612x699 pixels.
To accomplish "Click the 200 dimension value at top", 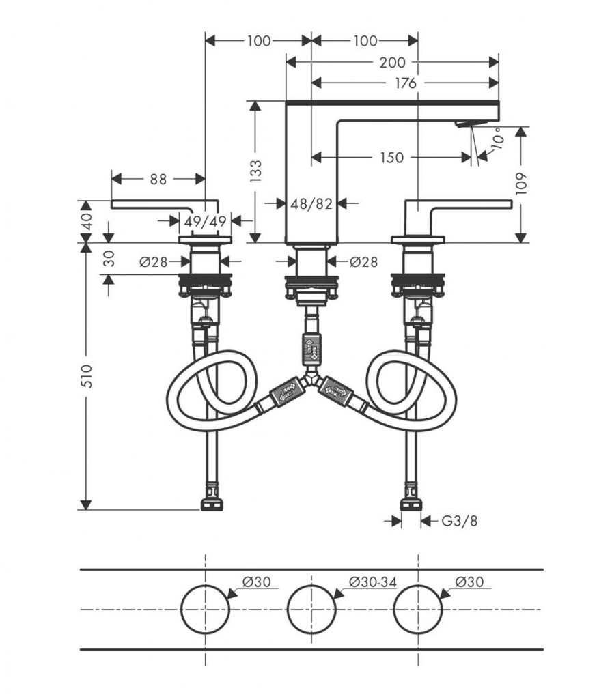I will [392, 62].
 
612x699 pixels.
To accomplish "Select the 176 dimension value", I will [405, 83].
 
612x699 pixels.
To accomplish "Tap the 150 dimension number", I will [391, 158].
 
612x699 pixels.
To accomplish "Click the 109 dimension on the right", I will [522, 183].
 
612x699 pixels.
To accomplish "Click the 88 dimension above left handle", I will [158, 179].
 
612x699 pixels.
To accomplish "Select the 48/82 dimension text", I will [311, 203].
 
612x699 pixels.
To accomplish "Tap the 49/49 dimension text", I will [205, 220].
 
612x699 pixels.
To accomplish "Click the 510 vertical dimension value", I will [86, 376].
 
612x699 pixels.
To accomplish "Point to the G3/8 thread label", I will [458, 521].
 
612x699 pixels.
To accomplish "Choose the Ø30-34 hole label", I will [372, 581].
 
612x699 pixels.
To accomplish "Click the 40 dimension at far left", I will [85, 220].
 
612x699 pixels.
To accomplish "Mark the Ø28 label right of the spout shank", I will [363, 261].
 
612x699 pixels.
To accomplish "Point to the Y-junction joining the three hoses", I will [311, 377].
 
